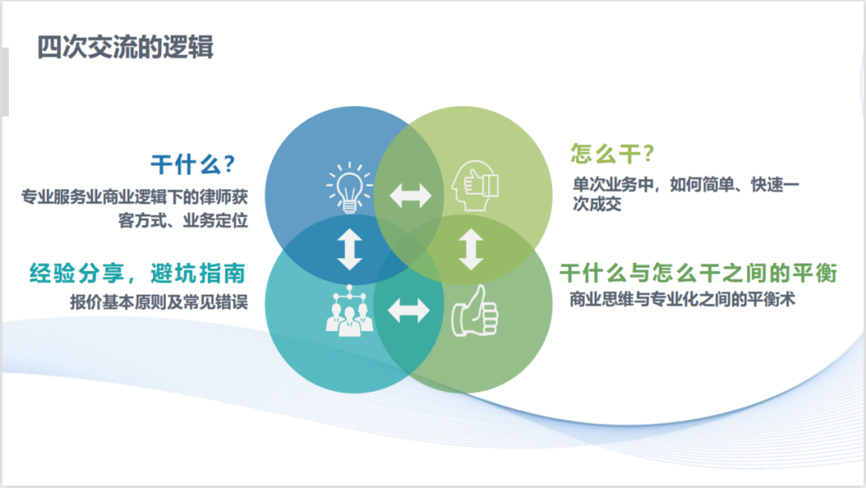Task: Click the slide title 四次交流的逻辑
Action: [125, 46]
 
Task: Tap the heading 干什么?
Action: [192, 165]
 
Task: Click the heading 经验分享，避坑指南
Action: [137, 274]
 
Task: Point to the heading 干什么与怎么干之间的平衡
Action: [698, 274]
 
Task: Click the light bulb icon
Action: [350, 186]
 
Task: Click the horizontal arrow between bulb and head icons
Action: [411, 196]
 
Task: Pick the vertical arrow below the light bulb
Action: [350, 249]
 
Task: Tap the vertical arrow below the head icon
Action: [471, 249]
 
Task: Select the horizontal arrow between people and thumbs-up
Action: [409, 311]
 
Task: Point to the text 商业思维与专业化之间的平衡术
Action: [682, 300]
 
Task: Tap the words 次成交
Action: [597, 204]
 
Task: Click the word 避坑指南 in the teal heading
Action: [197, 274]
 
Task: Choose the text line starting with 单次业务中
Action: [686, 184]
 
